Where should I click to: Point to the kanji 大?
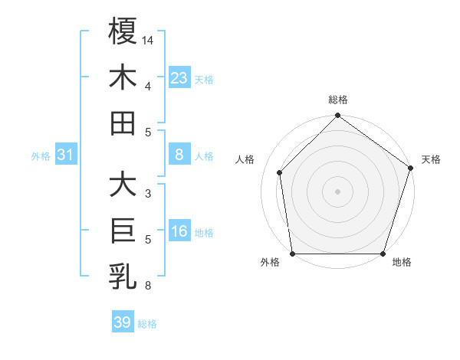pos(123,185)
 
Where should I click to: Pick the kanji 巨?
pos(123,231)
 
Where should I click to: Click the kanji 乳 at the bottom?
pos(123,277)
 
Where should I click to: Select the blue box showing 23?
pos(179,78)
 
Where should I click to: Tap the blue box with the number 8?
pos(179,155)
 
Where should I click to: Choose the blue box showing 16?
pos(179,232)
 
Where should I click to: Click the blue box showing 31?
pos(66,155)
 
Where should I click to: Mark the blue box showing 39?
pos(123,322)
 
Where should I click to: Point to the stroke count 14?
pos(149,39)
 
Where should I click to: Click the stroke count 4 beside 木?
pos(147,86)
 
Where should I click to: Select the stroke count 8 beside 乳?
pos(147,285)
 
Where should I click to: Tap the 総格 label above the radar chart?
pos(337,100)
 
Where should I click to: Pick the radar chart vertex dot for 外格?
pos(293,254)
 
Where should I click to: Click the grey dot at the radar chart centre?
pos(337,191)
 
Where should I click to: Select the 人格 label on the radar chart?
pos(245,159)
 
